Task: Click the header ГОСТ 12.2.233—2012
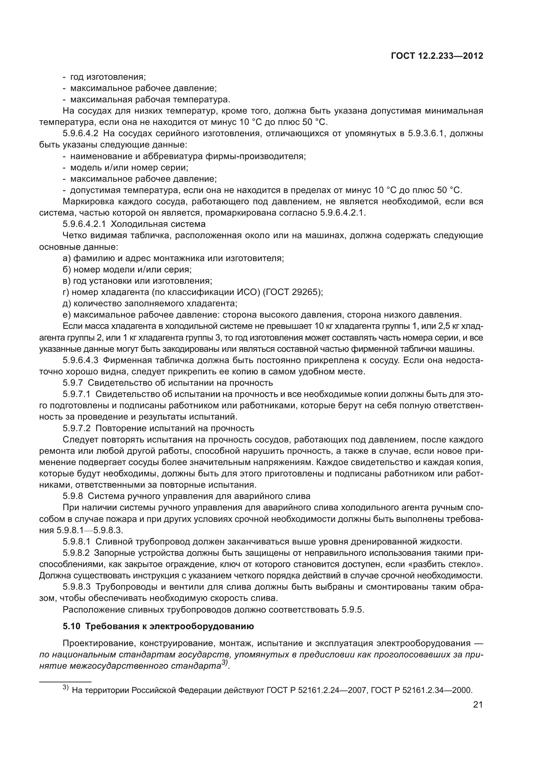click(437, 56)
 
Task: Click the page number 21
click(478, 705)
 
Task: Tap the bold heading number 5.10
click(71, 627)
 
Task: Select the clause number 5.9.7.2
click(76, 428)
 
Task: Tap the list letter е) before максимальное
click(67, 315)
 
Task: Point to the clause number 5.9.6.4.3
click(80, 360)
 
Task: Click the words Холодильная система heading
click(158, 224)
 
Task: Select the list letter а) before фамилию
click(67, 258)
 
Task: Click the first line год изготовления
click(108, 77)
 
